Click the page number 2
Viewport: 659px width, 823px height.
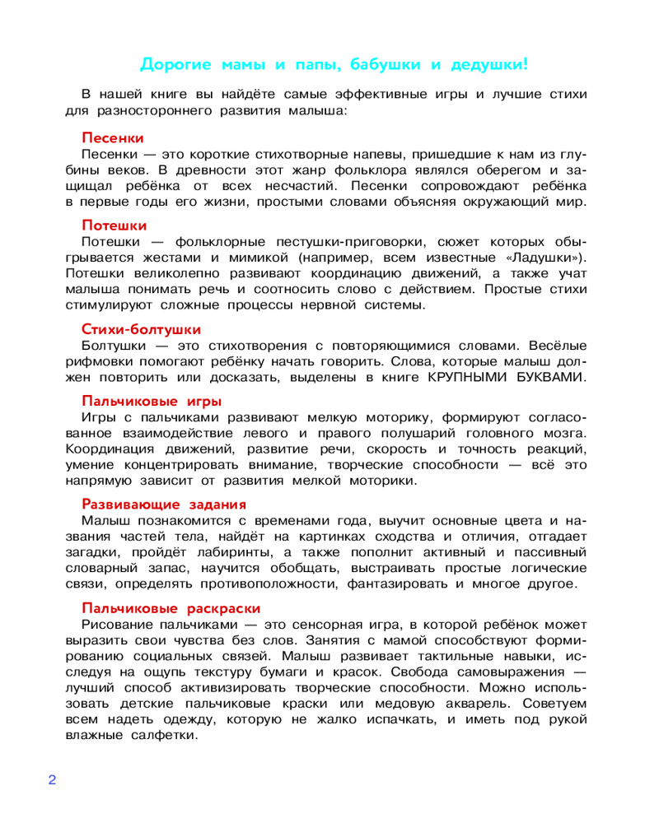point(52,779)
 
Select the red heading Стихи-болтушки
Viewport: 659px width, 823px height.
point(142,329)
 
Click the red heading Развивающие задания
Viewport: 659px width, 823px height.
point(165,503)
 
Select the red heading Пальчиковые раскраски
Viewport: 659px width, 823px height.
point(171,607)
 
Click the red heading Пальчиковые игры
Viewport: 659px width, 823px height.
point(152,401)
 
